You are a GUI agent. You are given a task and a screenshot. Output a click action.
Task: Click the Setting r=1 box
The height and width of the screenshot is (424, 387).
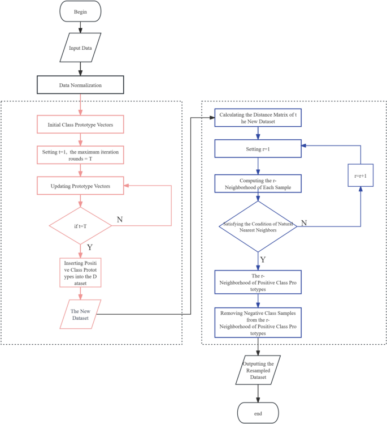click(258, 149)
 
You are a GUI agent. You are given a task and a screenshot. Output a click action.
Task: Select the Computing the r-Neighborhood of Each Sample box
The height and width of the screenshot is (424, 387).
click(258, 183)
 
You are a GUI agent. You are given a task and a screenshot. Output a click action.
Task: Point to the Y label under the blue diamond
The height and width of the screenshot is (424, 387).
click(263, 259)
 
